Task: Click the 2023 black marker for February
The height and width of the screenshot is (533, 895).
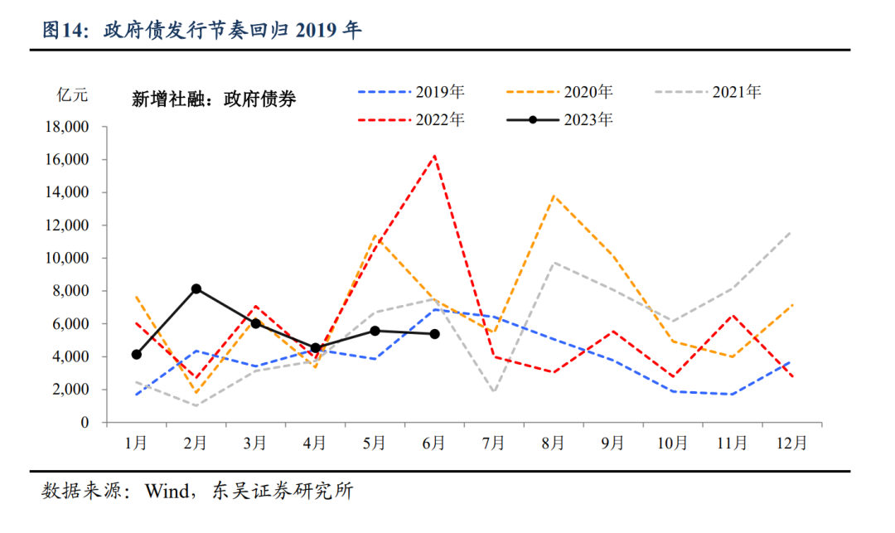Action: (x=196, y=288)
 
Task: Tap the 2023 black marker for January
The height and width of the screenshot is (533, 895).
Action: (x=136, y=355)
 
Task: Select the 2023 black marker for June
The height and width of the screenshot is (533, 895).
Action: (x=434, y=334)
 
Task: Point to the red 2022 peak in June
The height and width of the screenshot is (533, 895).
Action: (x=434, y=155)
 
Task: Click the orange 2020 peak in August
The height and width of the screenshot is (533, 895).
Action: (x=554, y=196)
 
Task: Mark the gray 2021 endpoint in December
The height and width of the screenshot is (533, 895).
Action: (x=791, y=232)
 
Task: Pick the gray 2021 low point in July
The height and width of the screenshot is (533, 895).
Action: (x=494, y=392)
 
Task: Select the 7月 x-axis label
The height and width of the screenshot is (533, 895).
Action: (x=494, y=443)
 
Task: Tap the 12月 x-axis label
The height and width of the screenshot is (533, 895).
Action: (x=791, y=443)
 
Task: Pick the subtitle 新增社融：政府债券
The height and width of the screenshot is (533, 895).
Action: (x=214, y=99)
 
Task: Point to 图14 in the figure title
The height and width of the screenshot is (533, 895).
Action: (x=65, y=31)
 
